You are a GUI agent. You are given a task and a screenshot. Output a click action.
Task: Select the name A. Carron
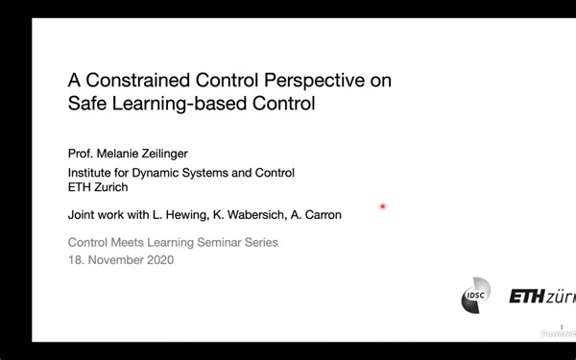pos(316,215)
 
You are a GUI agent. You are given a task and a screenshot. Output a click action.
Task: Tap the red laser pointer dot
pos(382,206)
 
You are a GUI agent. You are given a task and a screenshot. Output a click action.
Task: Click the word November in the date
pos(115,260)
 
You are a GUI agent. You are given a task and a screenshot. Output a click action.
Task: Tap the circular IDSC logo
pos(475,296)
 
